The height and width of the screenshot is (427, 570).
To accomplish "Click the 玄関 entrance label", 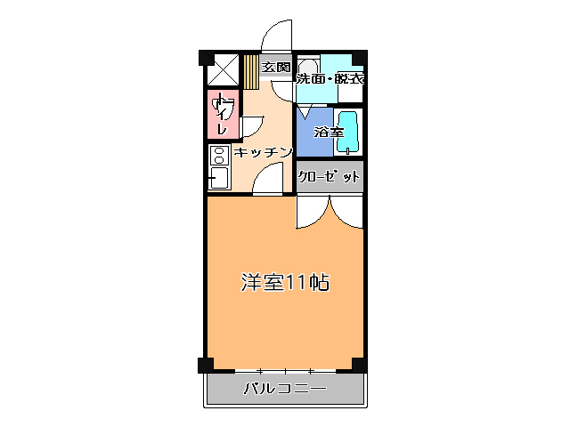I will (x=276, y=67).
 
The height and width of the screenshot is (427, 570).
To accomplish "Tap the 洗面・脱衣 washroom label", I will (x=330, y=78).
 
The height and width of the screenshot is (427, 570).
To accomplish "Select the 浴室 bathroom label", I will (x=329, y=133).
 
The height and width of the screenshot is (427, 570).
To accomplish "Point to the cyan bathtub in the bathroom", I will (x=350, y=133).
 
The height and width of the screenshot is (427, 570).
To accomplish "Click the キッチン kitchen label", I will (x=264, y=153).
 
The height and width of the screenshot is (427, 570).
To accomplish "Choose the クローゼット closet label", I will (x=330, y=176).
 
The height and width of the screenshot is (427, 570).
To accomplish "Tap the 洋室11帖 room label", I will (x=285, y=283).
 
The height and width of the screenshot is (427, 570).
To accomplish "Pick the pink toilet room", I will (x=224, y=115).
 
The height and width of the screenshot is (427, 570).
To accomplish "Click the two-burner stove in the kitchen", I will (x=218, y=156).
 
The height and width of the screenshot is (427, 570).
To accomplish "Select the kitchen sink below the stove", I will (x=218, y=178).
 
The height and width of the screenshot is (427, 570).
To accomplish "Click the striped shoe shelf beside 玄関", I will (x=251, y=71).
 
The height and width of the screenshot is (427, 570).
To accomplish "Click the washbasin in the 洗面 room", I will (x=308, y=69).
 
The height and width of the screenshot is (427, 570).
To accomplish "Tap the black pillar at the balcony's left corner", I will (x=205, y=365).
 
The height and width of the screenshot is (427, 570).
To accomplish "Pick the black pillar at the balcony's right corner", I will (x=358, y=365).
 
